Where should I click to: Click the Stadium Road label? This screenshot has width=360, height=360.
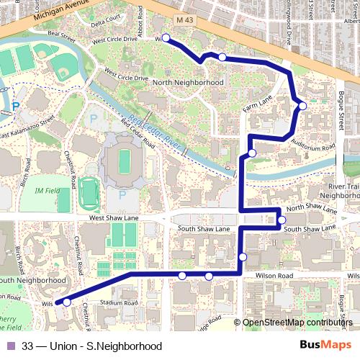pyautogui.click(x=120, y=303)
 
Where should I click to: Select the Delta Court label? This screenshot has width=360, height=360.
pyautogui.click(x=107, y=21)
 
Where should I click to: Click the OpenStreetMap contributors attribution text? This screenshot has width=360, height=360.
pyautogui.click(x=297, y=323)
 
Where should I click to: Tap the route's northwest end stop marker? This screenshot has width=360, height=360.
pyautogui.click(x=166, y=37)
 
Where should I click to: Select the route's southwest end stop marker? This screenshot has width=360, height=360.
pyautogui.click(x=67, y=302)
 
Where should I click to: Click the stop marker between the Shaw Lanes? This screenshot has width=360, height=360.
pyautogui.click(x=282, y=220)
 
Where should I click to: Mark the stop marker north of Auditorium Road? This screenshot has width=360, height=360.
pyautogui.click(x=302, y=106)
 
